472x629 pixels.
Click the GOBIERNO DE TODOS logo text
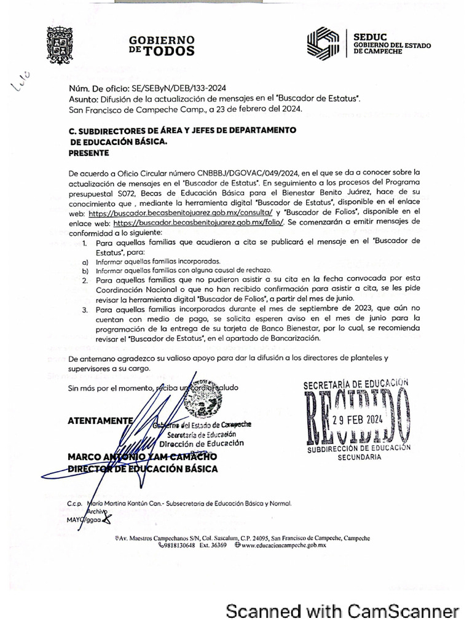[x=162, y=45]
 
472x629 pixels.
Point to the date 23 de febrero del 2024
[x=254, y=109]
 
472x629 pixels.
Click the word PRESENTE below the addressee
[x=87, y=153]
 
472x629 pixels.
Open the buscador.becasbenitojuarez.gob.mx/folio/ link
[x=199, y=222]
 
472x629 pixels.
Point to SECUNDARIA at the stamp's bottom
[x=359, y=458]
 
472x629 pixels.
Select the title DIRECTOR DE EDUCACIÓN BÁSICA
[x=143, y=469]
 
